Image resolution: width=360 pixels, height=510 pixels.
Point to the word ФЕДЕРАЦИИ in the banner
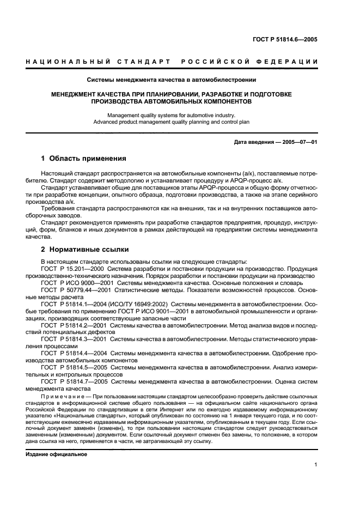291,62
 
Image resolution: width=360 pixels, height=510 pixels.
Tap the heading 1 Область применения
84,159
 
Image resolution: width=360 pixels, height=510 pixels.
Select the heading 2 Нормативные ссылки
85,250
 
